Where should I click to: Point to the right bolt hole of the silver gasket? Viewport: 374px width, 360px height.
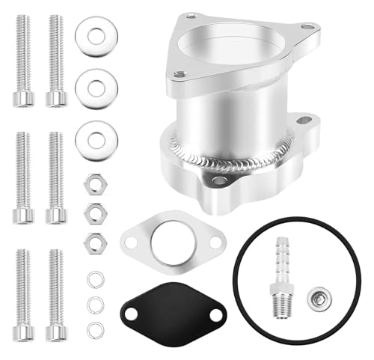pyautogui.click(x=216, y=242)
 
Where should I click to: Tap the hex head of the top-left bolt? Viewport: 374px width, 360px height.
pyautogui.click(x=23, y=97)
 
